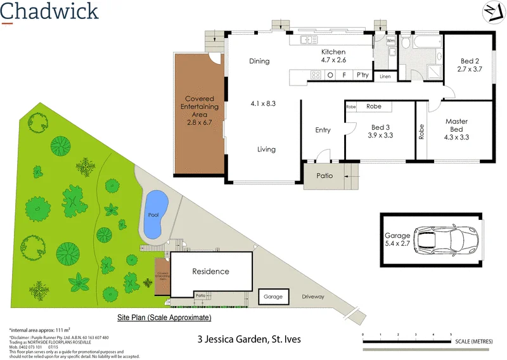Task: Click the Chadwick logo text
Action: [x=49, y=11]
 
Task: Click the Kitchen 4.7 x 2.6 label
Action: [x=333, y=56]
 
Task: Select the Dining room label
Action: [x=259, y=61]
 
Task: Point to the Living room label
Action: [x=266, y=150]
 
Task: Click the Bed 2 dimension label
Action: [x=470, y=65]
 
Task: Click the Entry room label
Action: [x=323, y=130]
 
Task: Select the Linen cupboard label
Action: [x=385, y=77]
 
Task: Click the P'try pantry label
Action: [x=363, y=75]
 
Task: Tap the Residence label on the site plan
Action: [x=210, y=271]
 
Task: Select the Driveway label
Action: [x=313, y=296]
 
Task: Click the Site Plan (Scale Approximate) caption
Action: [x=164, y=317]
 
